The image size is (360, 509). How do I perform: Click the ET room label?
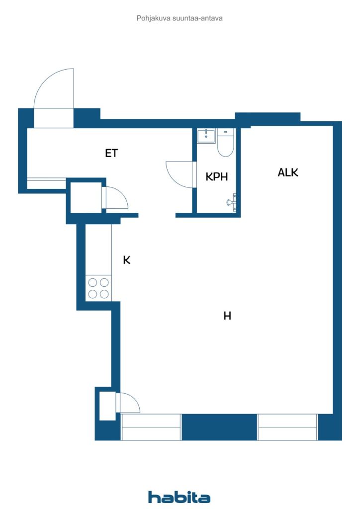click(x=111, y=153)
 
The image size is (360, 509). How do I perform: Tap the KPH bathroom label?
click(x=216, y=176)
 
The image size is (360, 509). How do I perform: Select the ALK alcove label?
click(x=287, y=172)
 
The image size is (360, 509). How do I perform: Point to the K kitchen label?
click(x=127, y=260)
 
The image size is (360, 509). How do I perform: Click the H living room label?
click(x=227, y=316)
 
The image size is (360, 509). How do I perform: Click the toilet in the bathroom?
click(x=225, y=143)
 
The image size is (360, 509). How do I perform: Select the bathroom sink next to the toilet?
click(x=206, y=136)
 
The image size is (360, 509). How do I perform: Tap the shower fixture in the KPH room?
click(x=231, y=202)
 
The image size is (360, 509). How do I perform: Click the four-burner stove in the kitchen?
click(x=98, y=288)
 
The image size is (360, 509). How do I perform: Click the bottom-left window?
click(x=151, y=427)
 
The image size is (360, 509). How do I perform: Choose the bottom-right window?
click(x=287, y=427)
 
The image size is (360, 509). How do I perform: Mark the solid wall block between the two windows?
click(x=219, y=427)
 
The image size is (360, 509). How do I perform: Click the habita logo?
click(x=179, y=497)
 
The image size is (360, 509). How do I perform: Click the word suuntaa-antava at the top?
click(x=197, y=18)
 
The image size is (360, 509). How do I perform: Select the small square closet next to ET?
click(x=86, y=198)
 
